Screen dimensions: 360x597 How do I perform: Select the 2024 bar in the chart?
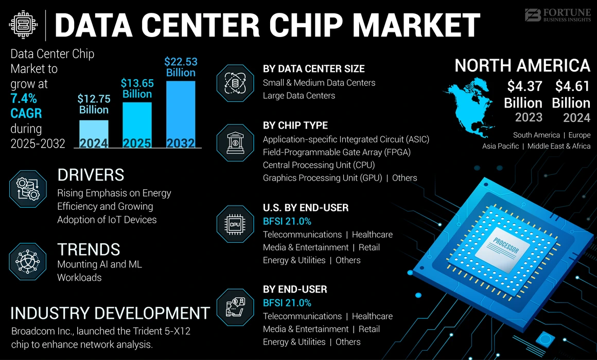(94, 134)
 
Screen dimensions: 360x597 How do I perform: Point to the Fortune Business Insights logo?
(557, 15)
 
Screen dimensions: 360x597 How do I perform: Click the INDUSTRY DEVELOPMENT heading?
(110, 313)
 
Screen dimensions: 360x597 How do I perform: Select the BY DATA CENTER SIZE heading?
(313, 69)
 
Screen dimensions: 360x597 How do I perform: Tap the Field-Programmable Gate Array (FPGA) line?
(337, 152)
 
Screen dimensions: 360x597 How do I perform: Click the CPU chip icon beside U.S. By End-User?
(235, 224)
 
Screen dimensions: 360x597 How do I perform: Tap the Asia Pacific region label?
(500, 147)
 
